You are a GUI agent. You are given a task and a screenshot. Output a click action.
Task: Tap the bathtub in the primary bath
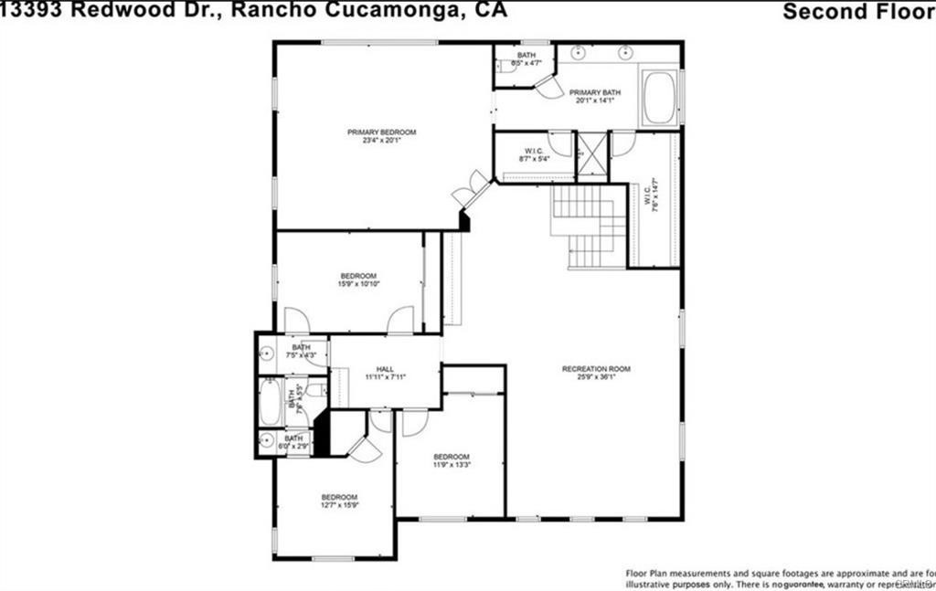(659, 98)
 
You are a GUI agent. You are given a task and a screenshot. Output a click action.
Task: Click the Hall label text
(385, 369)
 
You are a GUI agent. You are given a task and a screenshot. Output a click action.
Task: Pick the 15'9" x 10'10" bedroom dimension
(358, 284)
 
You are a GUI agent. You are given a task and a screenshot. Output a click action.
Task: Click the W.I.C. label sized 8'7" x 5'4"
(535, 155)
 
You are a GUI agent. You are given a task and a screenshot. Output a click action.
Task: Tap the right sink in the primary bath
(628, 51)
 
